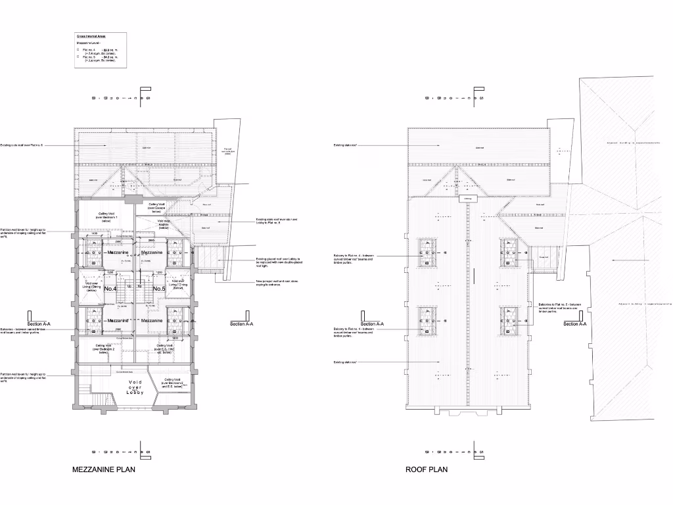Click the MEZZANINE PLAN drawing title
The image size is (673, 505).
tap(104, 470)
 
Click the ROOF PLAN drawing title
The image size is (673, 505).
tap(427, 470)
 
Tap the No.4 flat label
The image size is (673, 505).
tap(110, 289)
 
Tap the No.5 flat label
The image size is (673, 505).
tap(159, 289)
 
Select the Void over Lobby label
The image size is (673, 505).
tap(135, 387)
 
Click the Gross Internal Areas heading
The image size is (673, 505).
tap(91, 36)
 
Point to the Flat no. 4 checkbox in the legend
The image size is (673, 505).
tap(78, 49)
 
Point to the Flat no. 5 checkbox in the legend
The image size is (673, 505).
tap(78, 57)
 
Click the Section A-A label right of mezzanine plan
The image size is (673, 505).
tap(243, 324)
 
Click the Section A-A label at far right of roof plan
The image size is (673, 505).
tap(575, 324)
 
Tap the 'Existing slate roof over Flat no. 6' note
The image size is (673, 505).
tap(22, 145)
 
